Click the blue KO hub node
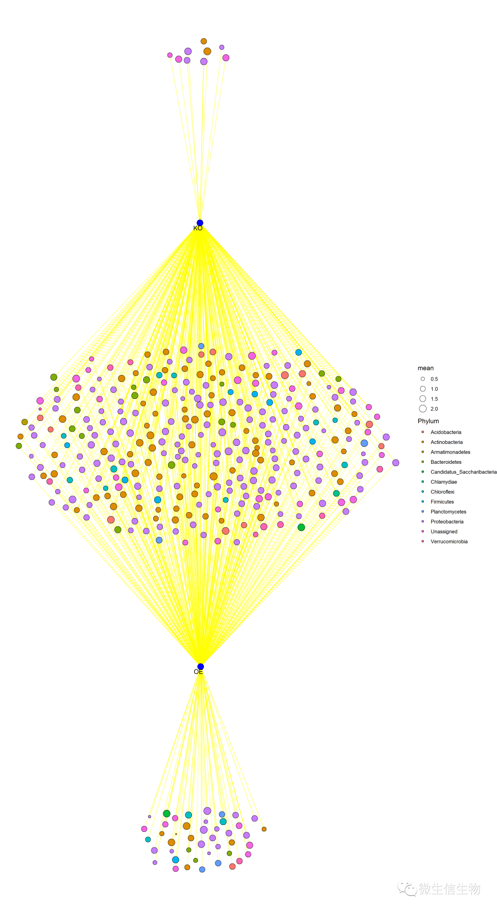pos(200,223)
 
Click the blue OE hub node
pos(201,667)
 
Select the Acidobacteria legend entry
pos(445,432)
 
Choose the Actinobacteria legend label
pos(446,442)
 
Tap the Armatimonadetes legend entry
pos(450,452)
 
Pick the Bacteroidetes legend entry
pos(446,462)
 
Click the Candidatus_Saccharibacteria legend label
pos(463,472)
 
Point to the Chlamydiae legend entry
pos(444,482)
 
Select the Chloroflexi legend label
pos(442,492)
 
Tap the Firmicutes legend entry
pos(442,502)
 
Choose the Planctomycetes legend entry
pos(448,512)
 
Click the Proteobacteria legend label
pos(447,522)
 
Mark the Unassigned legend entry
pos(444,532)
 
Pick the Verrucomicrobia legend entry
pos(449,542)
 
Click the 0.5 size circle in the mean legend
pos(423,379)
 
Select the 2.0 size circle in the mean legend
pos(423,409)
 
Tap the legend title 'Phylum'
pos(428,421)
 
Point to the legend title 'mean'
pos(425,368)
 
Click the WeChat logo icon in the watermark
pos(407,888)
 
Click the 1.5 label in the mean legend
pos(434,399)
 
